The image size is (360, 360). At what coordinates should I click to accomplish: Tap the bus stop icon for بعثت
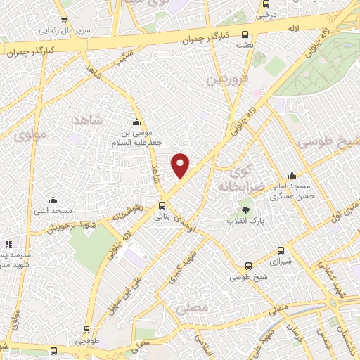(245, 34)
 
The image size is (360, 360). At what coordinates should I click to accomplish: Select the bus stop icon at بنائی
(163, 206)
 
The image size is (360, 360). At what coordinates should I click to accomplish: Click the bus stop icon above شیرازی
(281, 250)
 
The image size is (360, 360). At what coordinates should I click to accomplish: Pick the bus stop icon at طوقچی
(86, 329)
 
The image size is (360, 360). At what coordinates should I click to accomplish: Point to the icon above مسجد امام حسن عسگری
(292, 175)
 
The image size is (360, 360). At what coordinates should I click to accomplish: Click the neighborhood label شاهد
(88, 120)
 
